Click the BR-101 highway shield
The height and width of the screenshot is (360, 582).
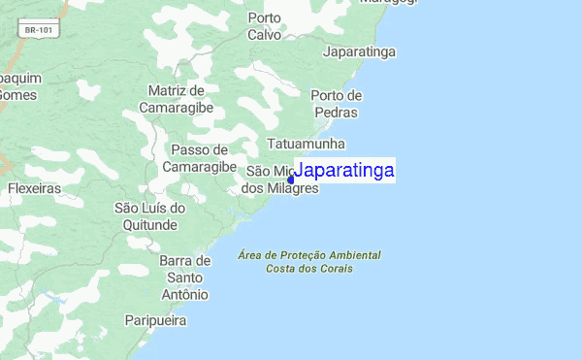pos(40,31)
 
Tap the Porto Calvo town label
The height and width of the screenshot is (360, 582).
pos(264,26)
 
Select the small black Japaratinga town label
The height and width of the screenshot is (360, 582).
pos(361,51)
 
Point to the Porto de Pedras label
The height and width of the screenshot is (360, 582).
pos(336,104)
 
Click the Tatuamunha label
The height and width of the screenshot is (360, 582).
pos(306,144)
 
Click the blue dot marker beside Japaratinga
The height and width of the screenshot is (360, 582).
pos(291,179)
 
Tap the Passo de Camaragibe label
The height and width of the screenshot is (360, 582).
pos(199,158)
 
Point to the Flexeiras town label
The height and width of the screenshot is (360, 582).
pos(35,188)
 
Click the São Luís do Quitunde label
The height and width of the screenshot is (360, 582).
pos(149,216)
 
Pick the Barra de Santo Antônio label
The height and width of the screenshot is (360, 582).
pos(184,278)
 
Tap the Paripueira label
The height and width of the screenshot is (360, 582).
pos(155,319)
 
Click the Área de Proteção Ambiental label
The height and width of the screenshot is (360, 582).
pos(309,255)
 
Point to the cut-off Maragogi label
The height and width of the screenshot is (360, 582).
pos(388,3)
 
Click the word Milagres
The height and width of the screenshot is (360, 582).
pos(292,188)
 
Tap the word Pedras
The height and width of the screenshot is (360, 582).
pos(336,113)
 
